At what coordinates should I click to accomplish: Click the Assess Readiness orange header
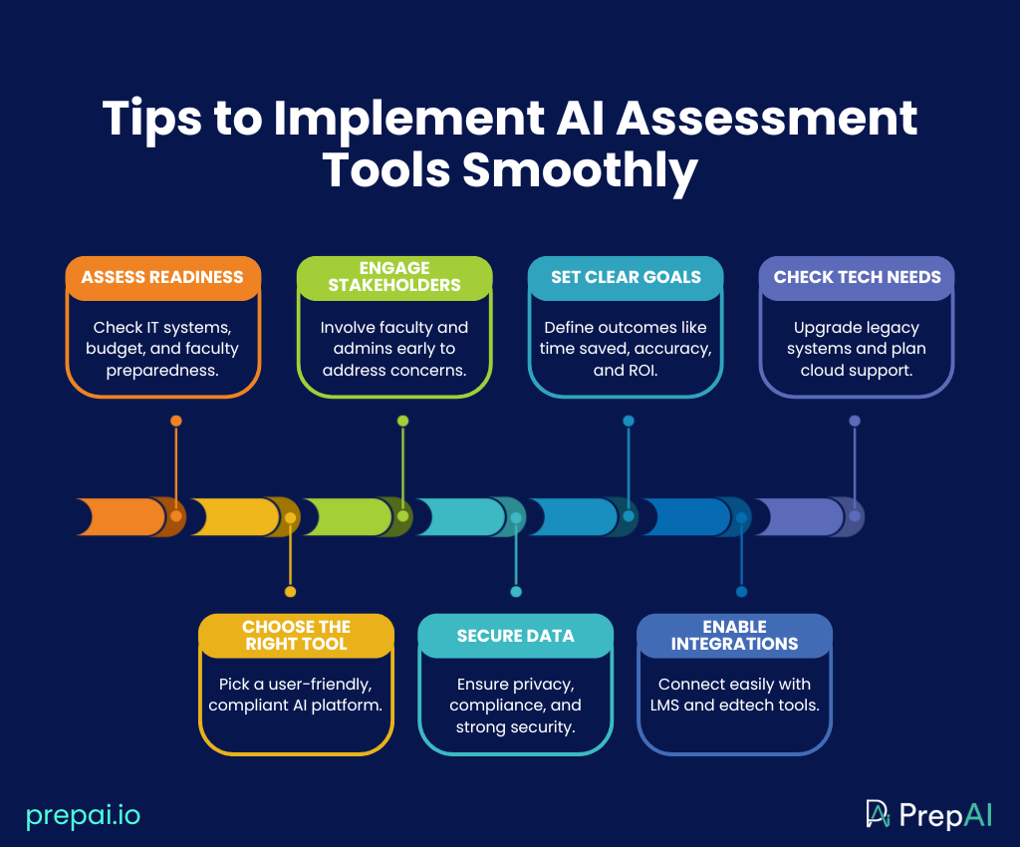click(x=162, y=277)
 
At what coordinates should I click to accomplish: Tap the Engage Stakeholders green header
click(x=395, y=277)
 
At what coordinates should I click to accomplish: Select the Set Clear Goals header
click(x=626, y=277)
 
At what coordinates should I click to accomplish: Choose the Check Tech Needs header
click(x=857, y=277)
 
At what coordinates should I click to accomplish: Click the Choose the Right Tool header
click(x=296, y=635)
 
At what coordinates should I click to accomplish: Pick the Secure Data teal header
click(x=515, y=636)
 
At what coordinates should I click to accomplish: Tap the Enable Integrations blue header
click(x=734, y=635)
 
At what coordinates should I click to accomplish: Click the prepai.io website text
click(x=84, y=815)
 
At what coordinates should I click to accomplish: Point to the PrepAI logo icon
click(x=878, y=814)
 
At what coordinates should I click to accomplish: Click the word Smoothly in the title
click(x=579, y=170)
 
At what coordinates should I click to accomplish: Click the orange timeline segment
click(x=125, y=516)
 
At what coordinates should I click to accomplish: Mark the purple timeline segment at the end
click(x=797, y=516)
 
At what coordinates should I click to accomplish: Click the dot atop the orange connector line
click(x=176, y=421)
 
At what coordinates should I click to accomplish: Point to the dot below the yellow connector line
click(x=290, y=592)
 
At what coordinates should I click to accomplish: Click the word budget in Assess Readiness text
click(x=116, y=349)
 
